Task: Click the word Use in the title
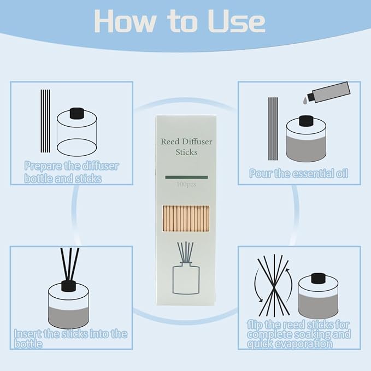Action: pos(237,21)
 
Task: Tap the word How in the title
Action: pos(125,21)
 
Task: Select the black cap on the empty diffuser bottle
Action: pos(77,113)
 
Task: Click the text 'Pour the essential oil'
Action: pos(298,173)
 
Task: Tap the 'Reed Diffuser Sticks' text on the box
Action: pos(186,146)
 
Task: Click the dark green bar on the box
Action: pos(186,177)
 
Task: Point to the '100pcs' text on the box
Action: pos(186,184)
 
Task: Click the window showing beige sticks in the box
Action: pos(186,219)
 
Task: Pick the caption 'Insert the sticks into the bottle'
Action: pos(70,339)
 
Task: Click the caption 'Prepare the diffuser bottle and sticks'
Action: pos(72,172)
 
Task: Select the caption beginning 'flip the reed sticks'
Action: pos(298,334)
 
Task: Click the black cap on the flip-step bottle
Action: pos(318,278)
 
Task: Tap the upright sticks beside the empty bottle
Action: pos(45,121)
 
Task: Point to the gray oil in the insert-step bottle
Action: pos(69,317)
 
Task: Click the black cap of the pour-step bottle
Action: pos(306,121)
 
